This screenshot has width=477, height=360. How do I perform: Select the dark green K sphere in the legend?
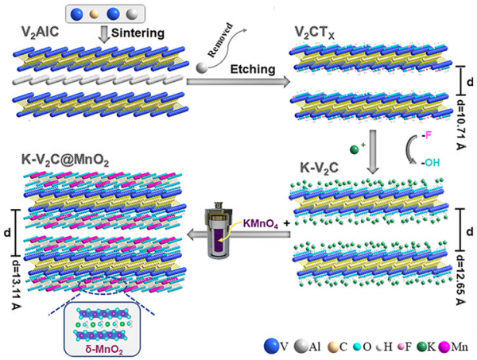[436, 346]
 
